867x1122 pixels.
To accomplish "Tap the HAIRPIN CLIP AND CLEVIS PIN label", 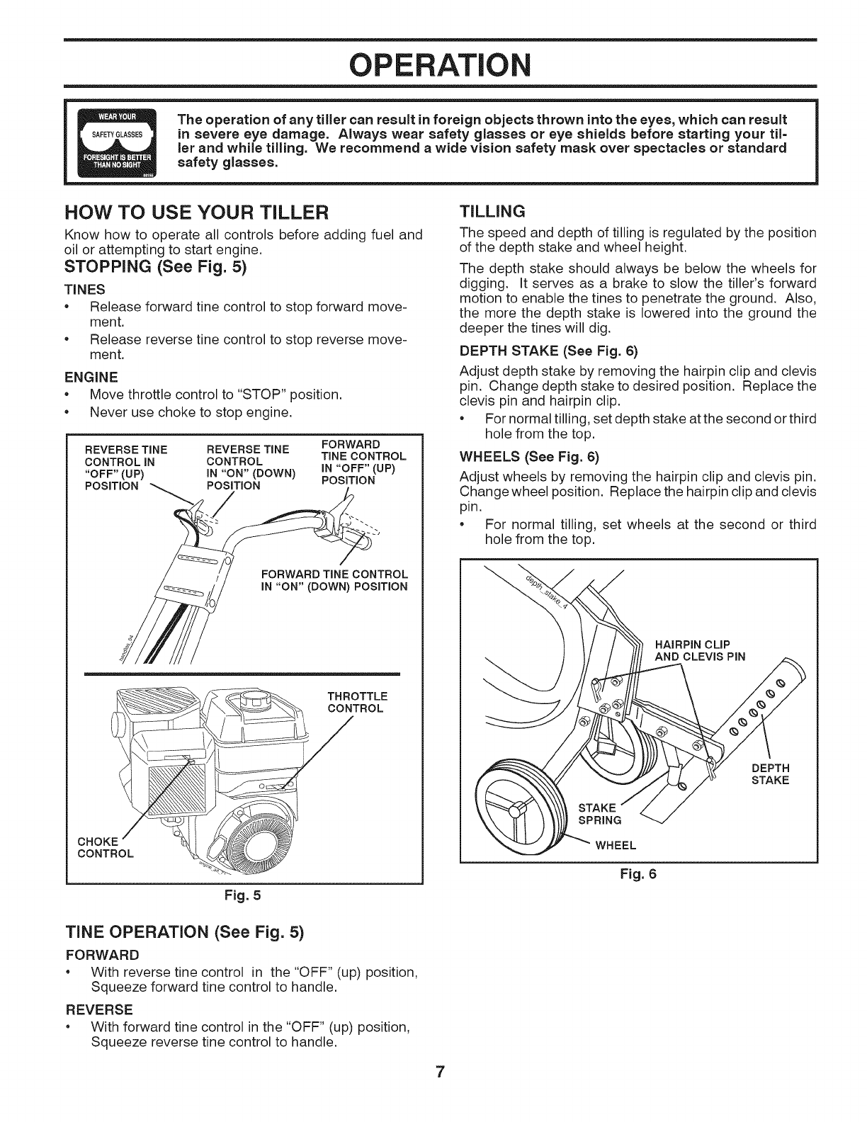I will pyautogui.click(x=700, y=650).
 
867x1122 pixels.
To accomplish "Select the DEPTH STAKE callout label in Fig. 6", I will pyautogui.click(x=770, y=775).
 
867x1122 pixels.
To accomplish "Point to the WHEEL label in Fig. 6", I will pyautogui.click(x=616, y=845).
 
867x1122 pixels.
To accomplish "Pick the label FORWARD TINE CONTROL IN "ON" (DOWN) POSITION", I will pyautogui.click(x=334, y=580).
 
